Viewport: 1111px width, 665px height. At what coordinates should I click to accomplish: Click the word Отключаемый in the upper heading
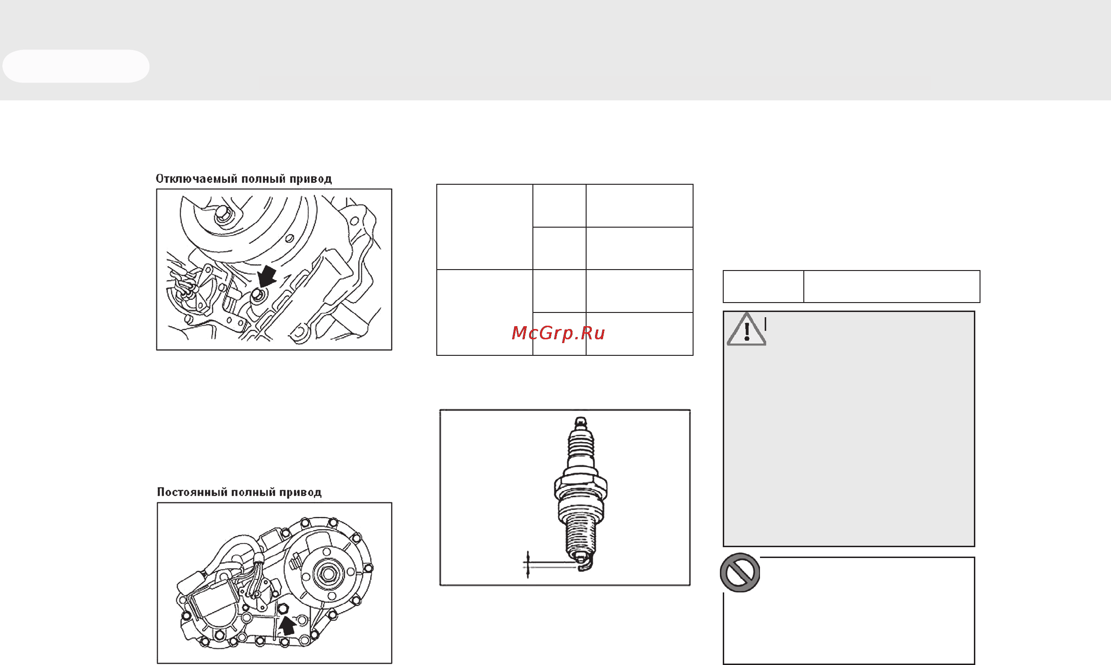click(196, 179)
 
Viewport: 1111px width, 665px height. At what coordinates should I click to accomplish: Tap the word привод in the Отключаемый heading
click(310, 180)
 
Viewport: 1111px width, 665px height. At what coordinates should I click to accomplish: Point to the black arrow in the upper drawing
click(267, 276)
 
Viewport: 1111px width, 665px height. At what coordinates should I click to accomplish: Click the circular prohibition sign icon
click(740, 573)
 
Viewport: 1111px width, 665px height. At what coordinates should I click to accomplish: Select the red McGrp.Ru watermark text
click(558, 333)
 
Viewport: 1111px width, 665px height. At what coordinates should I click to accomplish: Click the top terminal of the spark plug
click(581, 423)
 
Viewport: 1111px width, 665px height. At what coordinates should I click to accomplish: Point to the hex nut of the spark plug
click(580, 488)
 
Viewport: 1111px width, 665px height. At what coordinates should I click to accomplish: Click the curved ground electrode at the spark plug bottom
click(586, 563)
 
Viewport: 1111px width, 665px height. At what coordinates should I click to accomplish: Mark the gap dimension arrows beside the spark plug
click(528, 565)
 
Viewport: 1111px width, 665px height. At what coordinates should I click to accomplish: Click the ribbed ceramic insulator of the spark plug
click(581, 450)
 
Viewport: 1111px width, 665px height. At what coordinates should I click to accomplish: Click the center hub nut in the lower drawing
click(328, 574)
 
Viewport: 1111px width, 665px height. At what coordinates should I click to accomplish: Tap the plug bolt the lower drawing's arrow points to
click(283, 609)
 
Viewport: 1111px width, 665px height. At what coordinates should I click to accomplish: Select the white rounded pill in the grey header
click(76, 66)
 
